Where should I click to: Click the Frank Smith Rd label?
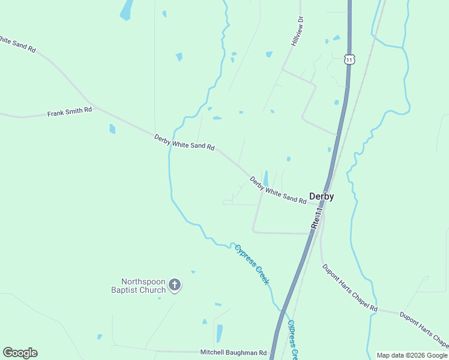coord(70,112)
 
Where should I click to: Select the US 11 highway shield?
coord(349,59)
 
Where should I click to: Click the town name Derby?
coord(321,196)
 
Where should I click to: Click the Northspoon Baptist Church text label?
coord(143,286)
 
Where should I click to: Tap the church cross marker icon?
coord(174,285)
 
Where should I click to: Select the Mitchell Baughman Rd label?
coord(233,353)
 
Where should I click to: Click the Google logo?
coord(20,353)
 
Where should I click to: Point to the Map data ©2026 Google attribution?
coord(412,355)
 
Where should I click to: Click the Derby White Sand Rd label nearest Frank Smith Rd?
coord(184,142)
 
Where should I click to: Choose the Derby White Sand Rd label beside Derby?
coord(278,190)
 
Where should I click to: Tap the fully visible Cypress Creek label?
coord(252,265)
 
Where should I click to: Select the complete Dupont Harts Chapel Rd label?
coord(349,288)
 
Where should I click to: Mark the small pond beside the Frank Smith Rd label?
coord(112,128)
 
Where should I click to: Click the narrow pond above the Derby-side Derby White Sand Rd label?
coord(265,178)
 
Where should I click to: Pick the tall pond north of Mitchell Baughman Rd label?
coord(219,333)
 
